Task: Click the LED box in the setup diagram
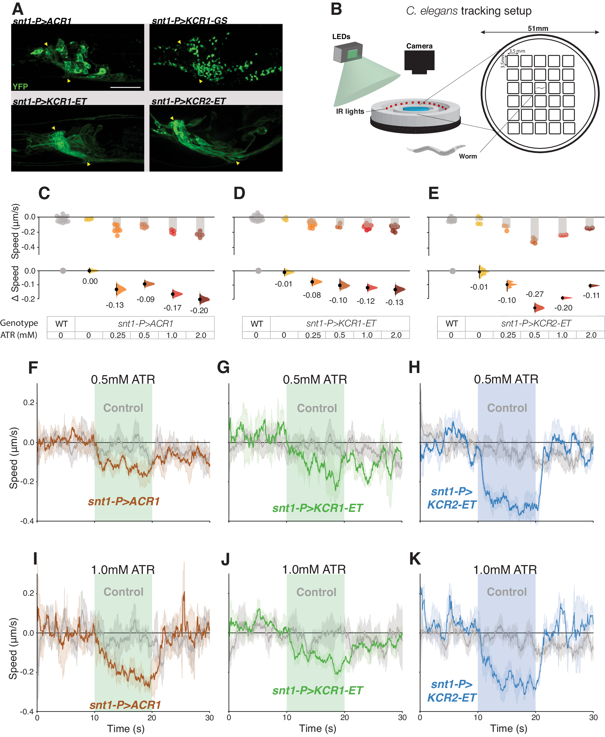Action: coord(348,52)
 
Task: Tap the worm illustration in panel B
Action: coord(436,150)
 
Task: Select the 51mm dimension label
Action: coord(538,28)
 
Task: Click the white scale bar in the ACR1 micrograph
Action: coord(125,87)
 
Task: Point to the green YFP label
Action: coord(20,86)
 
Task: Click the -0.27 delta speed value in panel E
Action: coord(534,294)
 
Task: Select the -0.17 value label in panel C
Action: coord(173,307)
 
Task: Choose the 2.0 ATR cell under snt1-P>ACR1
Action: coord(200,335)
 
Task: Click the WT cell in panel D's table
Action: coord(256,323)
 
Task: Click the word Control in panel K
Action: coord(506,591)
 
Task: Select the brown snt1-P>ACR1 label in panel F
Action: coord(124,501)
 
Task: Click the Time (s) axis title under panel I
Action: coord(125,728)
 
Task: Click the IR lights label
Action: coord(350,111)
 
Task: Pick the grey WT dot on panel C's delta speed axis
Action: coord(63,271)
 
